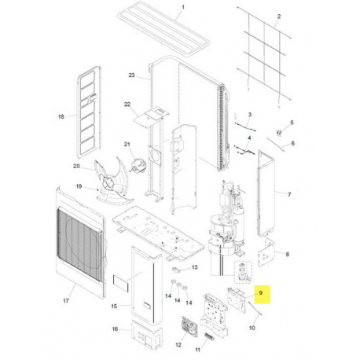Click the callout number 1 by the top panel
pos(183,7)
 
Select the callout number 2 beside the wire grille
pos(279,17)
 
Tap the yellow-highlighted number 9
pos(260,292)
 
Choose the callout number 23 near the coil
pos(131,75)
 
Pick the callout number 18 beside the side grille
pos(61,116)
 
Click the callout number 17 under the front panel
pos(66,301)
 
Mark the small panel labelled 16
pos(146,335)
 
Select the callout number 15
pos(114,306)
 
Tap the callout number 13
pos(194,267)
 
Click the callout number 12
pos(178,345)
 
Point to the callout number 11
pos(197,350)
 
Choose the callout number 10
pos(252,328)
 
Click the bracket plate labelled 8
pos(266,253)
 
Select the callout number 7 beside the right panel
pos(289,194)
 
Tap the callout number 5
pos(292,123)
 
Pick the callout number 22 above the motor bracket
pos(127,105)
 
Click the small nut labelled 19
pos(97,189)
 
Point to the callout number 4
pos(249,138)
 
